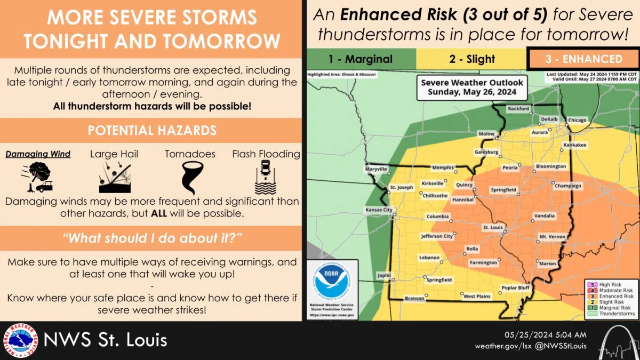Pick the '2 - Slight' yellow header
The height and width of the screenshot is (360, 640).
click(x=471, y=59)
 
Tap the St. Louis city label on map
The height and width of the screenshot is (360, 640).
click(x=493, y=227)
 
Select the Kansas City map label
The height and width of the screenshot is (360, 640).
click(x=378, y=210)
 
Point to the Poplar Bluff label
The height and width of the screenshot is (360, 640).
click(x=515, y=287)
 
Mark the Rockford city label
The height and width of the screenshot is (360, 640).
click(x=518, y=109)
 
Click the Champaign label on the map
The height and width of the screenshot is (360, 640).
click(x=567, y=186)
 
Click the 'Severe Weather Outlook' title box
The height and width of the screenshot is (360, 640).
click(x=472, y=86)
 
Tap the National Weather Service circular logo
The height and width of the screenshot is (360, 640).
click(x=20, y=341)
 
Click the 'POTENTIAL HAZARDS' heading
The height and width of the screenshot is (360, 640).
click(x=152, y=130)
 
